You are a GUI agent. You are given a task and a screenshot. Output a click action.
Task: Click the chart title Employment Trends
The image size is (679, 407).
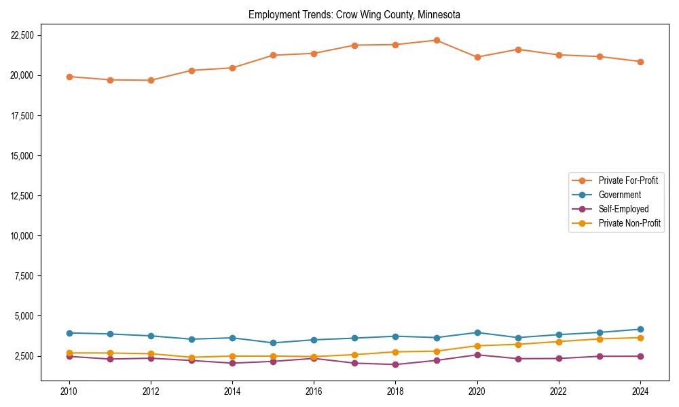354,14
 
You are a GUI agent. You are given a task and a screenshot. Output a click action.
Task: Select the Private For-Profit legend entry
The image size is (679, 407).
623,180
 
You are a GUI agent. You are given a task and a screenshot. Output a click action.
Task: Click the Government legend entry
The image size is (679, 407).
619,195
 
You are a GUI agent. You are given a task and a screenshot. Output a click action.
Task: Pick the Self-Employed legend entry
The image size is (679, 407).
623,209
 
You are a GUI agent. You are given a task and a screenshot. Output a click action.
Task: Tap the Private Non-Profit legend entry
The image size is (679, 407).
629,223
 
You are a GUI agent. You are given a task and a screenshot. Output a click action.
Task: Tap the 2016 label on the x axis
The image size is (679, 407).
314,391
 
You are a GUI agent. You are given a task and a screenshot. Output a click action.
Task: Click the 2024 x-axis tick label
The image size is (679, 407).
640,391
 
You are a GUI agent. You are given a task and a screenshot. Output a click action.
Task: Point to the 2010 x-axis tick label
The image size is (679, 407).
69,391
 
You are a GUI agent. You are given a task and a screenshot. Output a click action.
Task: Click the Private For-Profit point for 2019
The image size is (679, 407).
437,40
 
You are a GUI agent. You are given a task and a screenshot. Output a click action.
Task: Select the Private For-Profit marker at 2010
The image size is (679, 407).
69,77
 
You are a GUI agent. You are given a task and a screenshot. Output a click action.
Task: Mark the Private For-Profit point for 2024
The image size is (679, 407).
640,62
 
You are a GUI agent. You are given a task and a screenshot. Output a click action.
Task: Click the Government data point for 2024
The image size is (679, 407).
640,330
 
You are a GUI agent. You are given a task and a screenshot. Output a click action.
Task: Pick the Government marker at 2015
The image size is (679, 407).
273,343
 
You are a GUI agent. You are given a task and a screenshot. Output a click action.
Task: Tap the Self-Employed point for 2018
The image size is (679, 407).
395,365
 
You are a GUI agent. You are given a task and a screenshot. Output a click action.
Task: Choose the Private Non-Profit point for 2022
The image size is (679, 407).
559,342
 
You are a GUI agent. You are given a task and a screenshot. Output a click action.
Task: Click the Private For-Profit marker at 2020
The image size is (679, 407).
477,57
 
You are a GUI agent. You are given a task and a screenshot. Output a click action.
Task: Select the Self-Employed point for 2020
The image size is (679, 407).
477,355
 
